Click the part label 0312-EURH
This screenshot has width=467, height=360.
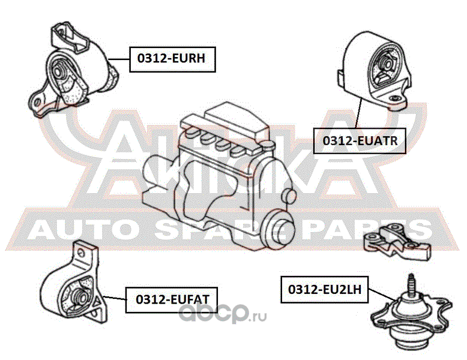coord(172,59)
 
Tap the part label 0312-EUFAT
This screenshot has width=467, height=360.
coord(171,299)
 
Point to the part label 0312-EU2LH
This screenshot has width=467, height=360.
coord(324,289)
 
